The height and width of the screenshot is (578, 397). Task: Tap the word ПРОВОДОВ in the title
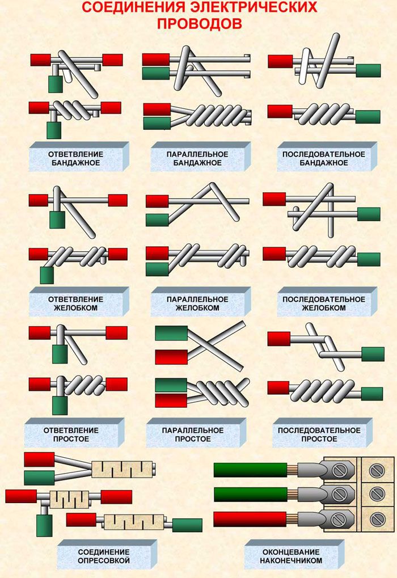[200, 23]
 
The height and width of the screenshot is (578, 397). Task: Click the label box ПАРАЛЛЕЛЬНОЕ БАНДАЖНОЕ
[201, 157]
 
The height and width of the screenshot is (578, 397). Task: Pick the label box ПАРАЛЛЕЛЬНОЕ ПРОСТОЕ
[196, 433]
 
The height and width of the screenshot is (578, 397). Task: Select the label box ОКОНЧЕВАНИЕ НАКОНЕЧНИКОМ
[294, 555]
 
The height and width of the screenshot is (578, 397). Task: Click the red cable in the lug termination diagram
[250, 520]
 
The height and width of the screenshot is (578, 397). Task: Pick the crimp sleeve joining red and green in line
[134, 524]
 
